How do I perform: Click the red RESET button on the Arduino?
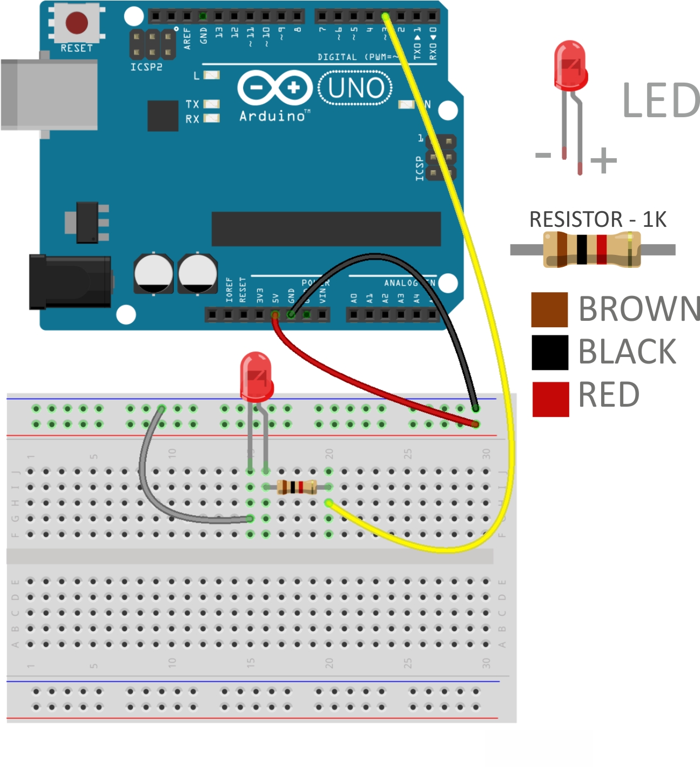pyautogui.click(x=77, y=23)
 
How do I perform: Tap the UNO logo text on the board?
pyautogui.click(x=355, y=88)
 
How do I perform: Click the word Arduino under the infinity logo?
pyautogui.click(x=272, y=116)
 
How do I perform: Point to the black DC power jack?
pyautogui.click(x=70, y=282)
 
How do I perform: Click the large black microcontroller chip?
pyautogui.click(x=326, y=229)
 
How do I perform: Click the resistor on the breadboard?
pyautogui.click(x=297, y=487)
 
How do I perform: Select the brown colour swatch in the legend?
pyautogui.click(x=549, y=310)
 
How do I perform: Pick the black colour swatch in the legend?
pyautogui.click(x=549, y=353)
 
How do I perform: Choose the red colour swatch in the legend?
pyautogui.click(x=550, y=399)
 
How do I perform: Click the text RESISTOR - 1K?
pyautogui.click(x=597, y=219)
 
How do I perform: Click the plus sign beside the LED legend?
pyautogui.click(x=603, y=160)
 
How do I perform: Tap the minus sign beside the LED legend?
pyautogui.click(x=543, y=156)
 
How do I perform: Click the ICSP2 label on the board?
pyautogui.click(x=146, y=67)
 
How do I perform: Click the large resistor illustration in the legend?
pyautogui.click(x=592, y=249)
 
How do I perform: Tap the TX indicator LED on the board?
pyautogui.click(x=211, y=104)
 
